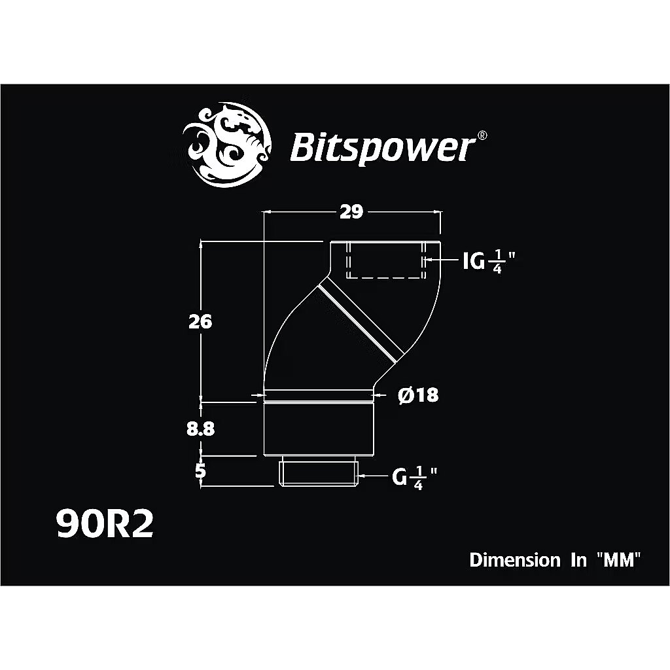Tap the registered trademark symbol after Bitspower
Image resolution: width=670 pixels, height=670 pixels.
(482, 135)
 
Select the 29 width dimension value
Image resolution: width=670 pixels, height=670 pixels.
(351, 213)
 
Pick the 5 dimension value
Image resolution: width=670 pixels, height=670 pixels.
(201, 470)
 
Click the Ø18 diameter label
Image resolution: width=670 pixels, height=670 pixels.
(418, 395)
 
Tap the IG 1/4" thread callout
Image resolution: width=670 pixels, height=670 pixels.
(485, 262)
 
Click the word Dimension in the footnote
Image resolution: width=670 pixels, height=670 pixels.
(514, 560)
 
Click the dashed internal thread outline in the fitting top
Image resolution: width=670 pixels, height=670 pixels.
(385, 260)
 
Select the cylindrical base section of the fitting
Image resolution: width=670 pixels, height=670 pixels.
(319, 429)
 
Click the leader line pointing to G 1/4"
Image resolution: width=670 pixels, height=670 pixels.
(374, 477)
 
